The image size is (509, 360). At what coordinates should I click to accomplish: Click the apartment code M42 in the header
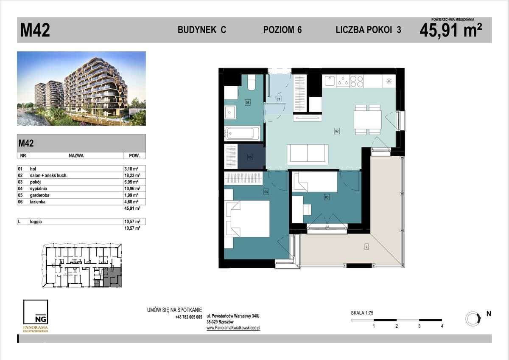click(35, 30)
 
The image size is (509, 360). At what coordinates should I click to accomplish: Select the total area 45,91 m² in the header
click(450, 31)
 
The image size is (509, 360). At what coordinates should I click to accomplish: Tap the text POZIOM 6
click(282, 30)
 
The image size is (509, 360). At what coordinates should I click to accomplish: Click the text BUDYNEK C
click(201, 30)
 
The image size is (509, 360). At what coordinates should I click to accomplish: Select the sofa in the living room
click(308, 153)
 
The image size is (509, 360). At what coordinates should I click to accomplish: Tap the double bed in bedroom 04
click(248, 218)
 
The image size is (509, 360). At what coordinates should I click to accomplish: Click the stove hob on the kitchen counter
click(356, 81)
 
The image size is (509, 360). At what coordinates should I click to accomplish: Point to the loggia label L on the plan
click(366, 247)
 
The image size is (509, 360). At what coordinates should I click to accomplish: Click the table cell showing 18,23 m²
click(134, 175)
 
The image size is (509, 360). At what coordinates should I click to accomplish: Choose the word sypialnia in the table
click(38, 188)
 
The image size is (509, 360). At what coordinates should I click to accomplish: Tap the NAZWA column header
click(76, 155)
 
